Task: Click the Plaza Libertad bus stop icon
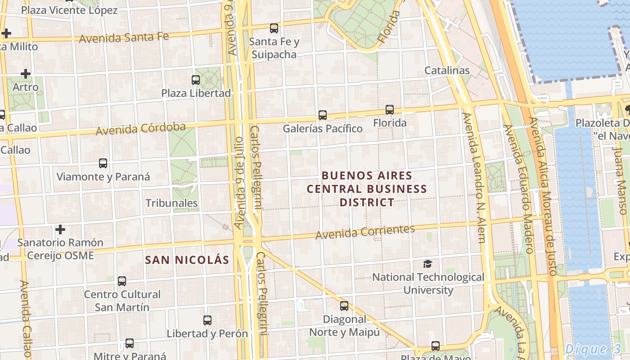pos(196,80)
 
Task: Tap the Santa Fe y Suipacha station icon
pos(274,28)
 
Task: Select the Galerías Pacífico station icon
pos(323,115)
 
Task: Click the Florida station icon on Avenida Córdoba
pos(390,109)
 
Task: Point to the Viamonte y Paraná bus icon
pos(103,163)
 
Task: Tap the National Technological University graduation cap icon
pos(427,264)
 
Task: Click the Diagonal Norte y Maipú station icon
pos(344,306)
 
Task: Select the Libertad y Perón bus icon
pos(207,320)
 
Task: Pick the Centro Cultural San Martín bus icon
pos(122,281)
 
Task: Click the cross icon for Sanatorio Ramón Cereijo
pos(60,230)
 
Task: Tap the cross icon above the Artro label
pos(26,73)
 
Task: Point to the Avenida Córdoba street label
pos(140,129)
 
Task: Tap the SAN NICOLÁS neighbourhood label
pos(187,260)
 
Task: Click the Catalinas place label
pos(447,71)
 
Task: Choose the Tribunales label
pos(171,203)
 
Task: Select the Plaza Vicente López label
pos(69,10)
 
